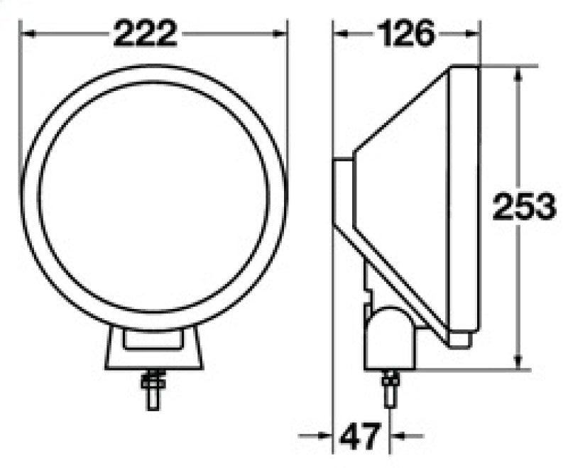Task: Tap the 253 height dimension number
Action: tap(523, 207)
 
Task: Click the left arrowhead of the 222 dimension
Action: tap(28, 33)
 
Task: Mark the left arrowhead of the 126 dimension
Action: tap(342, 33)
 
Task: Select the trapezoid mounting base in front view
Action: tap(154, 349)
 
